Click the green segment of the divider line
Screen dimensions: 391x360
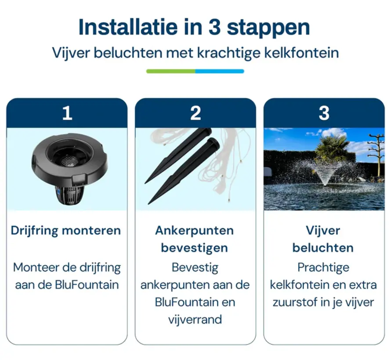170,71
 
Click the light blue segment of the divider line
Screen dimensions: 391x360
220,71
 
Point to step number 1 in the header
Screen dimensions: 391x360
67,113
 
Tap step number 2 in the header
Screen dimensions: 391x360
195,113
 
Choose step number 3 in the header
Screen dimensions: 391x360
324,113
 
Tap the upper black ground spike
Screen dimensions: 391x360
178,156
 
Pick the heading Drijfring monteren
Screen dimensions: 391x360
66,230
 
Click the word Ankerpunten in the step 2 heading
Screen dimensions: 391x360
195,230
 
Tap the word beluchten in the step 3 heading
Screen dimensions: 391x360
323,248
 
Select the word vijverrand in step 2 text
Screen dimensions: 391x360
195,320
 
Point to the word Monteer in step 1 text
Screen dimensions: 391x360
36,267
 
